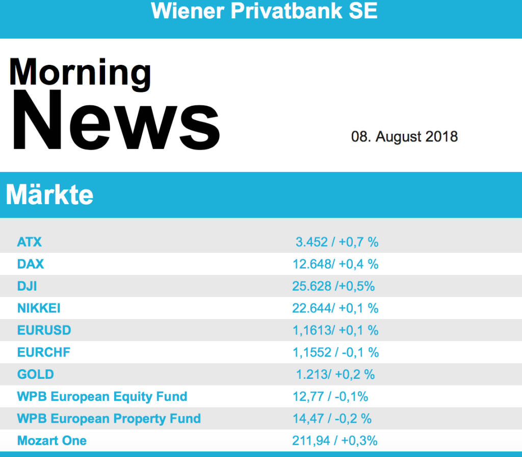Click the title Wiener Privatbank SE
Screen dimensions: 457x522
[x=264, y=11]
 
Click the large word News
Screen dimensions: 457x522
[x=115, y=122]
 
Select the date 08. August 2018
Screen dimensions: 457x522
[x=404, y=137]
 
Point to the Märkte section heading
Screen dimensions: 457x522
[x=49, y=195]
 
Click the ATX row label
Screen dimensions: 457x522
[x=30, y=242]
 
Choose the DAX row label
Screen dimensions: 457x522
[x=31, y=264]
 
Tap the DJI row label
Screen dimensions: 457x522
[x=27, y=286]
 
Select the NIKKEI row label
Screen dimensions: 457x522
[x=39, y=308]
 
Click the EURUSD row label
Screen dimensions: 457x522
[x=44, y=330]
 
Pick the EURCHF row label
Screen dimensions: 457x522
[x=44, y=352]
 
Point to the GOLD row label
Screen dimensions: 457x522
[x=35, y=374]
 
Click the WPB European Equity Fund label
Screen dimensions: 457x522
[x=102, y=396]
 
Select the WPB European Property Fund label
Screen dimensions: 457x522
[x=109, y=419]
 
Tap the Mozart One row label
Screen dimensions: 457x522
[x=51, y=441]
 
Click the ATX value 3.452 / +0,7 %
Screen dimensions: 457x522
[x=337, y=242]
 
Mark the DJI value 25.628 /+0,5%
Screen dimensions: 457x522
[x=333, y=286]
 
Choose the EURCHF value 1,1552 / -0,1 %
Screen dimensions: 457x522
[x=335, y=352]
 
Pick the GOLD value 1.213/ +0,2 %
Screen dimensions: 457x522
[x=335, y=374]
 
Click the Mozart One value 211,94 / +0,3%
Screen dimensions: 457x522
[x=334, y=441]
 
